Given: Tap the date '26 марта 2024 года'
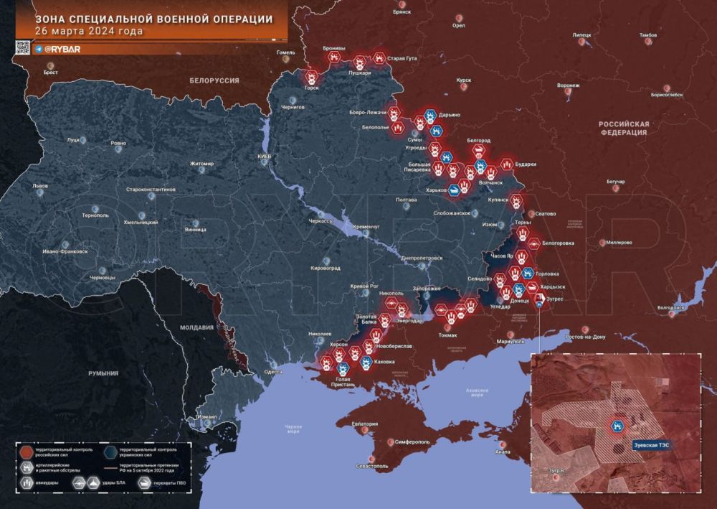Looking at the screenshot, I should tap(88, 32).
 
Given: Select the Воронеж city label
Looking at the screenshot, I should tap(568, 85).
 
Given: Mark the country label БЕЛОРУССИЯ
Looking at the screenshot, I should tap(214, 80).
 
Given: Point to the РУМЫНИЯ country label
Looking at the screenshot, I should tap(103, 374).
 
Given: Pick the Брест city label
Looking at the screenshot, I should tap(51, 73).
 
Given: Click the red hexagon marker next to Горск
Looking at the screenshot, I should tap(312, 76).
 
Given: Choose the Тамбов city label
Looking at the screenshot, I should tap(647, 34).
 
